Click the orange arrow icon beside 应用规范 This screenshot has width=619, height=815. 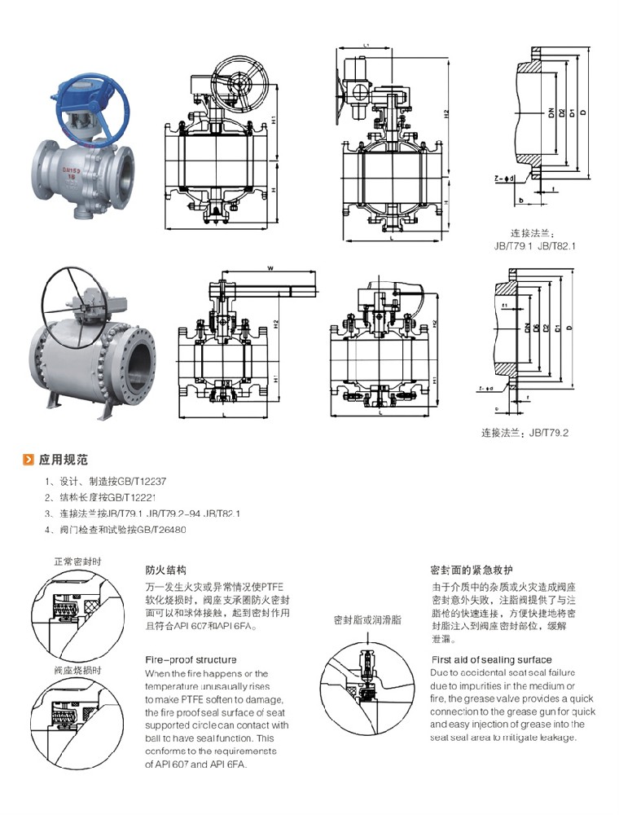27,459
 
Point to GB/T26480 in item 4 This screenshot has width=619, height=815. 162,529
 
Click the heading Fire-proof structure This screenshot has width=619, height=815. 191,659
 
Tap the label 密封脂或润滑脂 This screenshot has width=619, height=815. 367,620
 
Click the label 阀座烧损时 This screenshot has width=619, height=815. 77,670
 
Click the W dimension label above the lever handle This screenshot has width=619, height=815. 269,267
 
